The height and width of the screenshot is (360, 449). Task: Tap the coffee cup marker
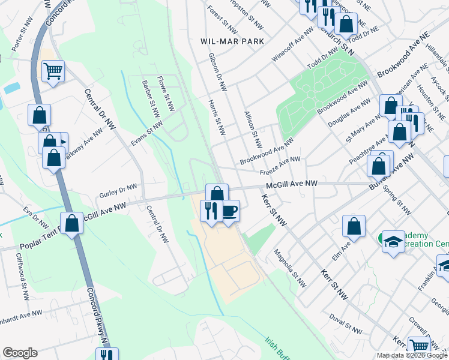230,211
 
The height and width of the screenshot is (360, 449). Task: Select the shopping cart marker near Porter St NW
53,71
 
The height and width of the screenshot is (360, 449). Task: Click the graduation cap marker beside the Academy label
393,242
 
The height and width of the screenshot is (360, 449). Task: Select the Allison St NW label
253,130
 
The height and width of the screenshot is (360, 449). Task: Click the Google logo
20,353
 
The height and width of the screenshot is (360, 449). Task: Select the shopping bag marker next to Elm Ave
354,226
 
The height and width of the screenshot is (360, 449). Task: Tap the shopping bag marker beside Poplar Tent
71,223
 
